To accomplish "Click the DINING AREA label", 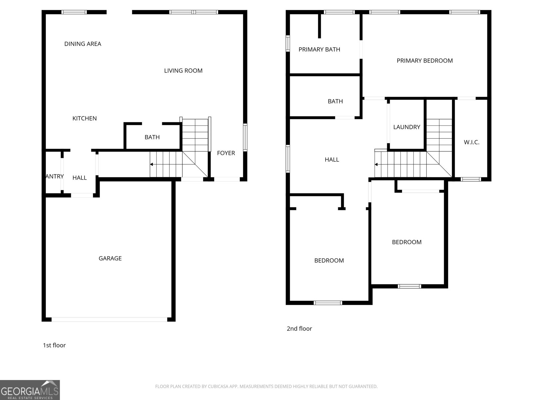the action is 83,44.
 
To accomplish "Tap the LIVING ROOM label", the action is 183,71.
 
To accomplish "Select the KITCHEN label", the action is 85,119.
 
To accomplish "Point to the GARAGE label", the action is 110,258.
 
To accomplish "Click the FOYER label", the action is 226,153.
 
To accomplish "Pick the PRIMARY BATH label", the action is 319,50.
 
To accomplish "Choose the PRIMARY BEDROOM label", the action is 424,61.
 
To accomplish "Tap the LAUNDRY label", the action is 406,127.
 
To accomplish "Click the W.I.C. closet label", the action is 471,142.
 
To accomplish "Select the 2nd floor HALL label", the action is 332,160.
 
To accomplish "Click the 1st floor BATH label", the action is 152,137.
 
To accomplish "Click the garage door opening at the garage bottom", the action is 109,320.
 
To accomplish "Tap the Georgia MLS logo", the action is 30,390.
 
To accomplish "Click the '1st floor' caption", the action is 54,345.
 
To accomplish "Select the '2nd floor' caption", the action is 299,329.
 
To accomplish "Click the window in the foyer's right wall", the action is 245,137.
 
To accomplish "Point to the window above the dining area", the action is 74,12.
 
